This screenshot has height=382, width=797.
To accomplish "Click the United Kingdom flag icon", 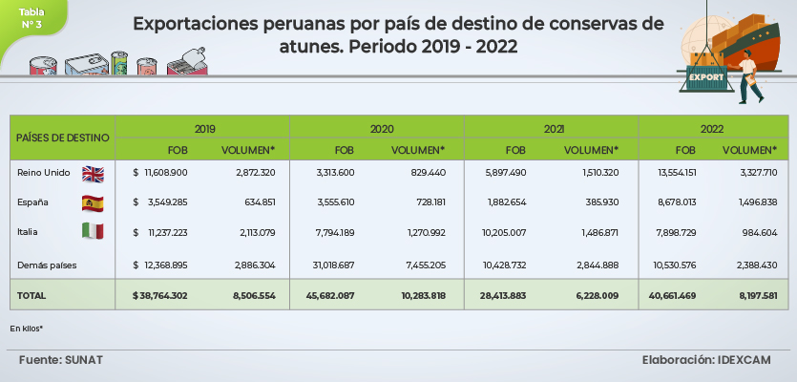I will [x=93, y=173].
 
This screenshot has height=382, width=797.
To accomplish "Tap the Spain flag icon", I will [x=93, y=202].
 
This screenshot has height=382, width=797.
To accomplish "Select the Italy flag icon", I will [x=93, y=231].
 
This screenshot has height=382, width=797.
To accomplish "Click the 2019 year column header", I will [x=203, y=128].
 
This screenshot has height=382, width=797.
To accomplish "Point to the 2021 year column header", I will [x=553, y=128].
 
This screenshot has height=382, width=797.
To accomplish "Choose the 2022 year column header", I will [x=711, y=128].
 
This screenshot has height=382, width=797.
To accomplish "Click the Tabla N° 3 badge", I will [x=31, y=18].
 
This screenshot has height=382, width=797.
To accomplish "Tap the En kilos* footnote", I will [x=27, y=328].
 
